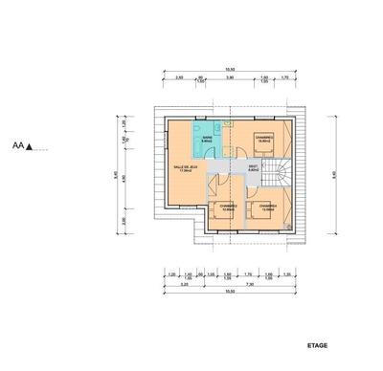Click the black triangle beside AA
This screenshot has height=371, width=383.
pyautogui.click(x=30, y=147)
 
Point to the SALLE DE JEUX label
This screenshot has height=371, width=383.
pyautogui.click(x=187, y=168)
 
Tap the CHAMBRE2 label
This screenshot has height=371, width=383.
pyautogui.click(x=228, y=207)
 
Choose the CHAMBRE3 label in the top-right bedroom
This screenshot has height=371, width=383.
pyautogui.click(x=266, y=139)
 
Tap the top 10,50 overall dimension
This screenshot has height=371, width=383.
pyautogui.click(x=230, y=70)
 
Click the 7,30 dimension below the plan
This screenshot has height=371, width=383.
pyautogui.click(x=250, y=284)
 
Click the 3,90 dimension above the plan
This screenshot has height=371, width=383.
pyautogui.click(x=230, y=77)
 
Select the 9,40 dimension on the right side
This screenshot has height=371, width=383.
pyautogui.click(x=334, y=174)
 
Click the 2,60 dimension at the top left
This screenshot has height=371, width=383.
pyautogui.click(x=179, y=77)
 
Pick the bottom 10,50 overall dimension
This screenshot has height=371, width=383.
pyautogui.click(x=230, y=292)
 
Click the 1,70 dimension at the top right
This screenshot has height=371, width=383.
pyautogui.click(x=283, y=77)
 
